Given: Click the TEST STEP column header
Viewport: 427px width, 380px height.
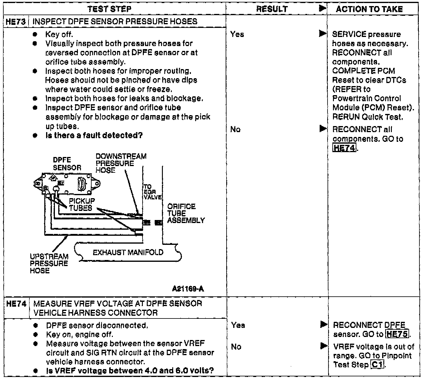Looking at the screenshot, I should point(109,9).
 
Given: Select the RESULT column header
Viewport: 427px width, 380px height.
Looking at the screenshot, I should point(272,9).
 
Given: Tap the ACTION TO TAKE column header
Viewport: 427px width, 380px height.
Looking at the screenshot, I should point(369,9).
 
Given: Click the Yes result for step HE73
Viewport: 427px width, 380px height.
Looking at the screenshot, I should point(237,34).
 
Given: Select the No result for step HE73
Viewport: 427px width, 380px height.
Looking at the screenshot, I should point(235,129).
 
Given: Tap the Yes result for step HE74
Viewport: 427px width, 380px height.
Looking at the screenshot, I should point(238,325).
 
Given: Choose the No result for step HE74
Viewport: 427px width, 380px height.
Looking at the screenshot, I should point(236,346).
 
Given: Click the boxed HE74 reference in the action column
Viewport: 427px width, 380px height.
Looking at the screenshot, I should point(344,148).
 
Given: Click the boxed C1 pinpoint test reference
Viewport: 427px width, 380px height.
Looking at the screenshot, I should point(377,365).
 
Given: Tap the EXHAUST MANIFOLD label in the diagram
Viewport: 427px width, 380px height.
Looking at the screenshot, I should point(128,252).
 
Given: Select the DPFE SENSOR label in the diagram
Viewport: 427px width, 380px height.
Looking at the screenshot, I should point(67,164).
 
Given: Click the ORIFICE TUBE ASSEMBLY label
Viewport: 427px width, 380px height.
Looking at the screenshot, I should point(186,213).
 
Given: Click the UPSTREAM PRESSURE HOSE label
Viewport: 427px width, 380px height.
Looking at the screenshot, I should point(49,263).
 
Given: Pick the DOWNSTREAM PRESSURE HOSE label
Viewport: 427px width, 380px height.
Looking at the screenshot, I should point(120,163).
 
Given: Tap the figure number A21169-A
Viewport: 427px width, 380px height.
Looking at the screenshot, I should point(188,289).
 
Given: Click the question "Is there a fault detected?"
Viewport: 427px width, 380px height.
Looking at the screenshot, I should point(94,135).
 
